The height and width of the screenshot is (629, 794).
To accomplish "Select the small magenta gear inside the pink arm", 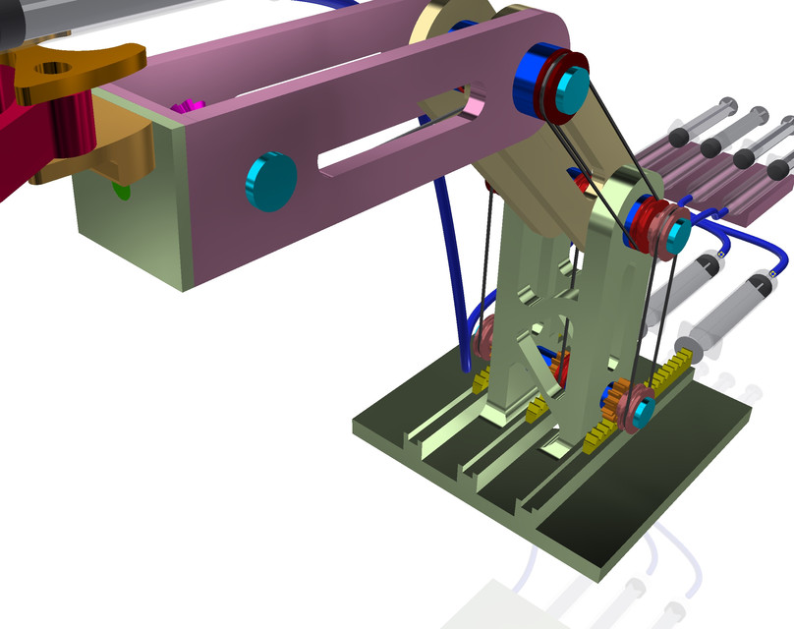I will (187, 105).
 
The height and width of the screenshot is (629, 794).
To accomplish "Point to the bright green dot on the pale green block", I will (122, 189).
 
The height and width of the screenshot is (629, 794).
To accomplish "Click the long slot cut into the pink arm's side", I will (393, 138).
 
